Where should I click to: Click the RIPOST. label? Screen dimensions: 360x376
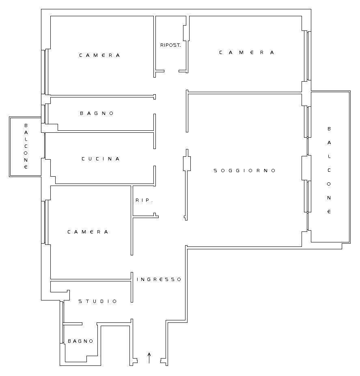(170, 45)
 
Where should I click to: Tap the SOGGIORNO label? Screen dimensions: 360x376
(245, 171)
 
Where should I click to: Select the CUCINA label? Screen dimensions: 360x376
(101, 159)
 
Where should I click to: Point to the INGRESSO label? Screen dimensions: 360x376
(159, 279)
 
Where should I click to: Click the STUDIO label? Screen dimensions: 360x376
(98, 301)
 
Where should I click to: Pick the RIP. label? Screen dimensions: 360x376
(144, 200)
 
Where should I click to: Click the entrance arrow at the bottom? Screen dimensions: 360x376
(149, 358)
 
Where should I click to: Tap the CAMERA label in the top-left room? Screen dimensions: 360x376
(99, 55)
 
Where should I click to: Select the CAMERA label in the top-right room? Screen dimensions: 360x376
(247, 52)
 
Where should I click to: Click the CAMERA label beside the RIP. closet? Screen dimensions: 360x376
(88, 232)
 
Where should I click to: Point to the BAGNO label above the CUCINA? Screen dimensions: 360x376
(97, 113)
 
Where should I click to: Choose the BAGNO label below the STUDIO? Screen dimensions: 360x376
(80, 341)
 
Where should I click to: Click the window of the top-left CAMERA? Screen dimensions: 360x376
(45, 72)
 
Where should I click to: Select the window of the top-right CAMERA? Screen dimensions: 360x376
(308, 56)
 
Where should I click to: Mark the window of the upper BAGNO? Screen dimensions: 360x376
(45, 114)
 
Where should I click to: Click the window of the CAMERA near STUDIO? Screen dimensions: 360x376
(45, 222)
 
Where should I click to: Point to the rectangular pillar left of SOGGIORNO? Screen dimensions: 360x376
(187, 164)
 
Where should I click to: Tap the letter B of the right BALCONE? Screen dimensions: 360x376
(329, 129)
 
